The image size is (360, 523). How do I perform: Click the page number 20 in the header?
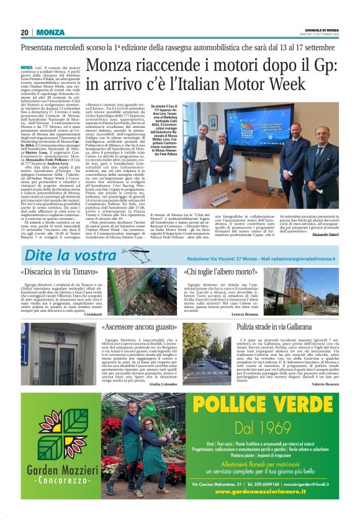pos(25,32)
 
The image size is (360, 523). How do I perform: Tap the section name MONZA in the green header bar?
pos(50,32)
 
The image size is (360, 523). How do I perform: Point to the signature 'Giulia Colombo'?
pos(163,385)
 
